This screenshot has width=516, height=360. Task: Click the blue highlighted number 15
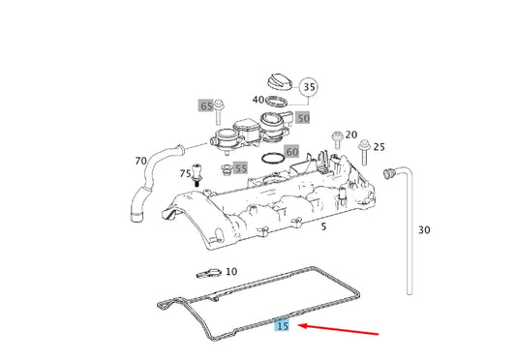tap(282, 326)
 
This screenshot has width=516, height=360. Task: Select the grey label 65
tap(206, 105)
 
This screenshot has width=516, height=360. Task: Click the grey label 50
tap(302, 117)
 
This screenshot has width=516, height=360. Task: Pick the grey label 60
tap(292, 152)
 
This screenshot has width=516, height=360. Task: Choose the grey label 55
tap(240, 168)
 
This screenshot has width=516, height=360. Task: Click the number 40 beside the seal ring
tap(258, 100)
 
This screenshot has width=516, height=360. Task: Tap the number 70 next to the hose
tap(141, 160)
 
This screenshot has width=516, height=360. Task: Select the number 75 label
tap(185, 174)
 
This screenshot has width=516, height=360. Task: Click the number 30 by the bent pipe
tap(423, 230)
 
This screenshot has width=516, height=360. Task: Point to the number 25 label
tap(379, 147)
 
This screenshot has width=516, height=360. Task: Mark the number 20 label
tap(350, 135)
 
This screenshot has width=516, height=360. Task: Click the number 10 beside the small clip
tap(230, 272)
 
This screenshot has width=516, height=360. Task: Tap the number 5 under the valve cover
tap(324, 226)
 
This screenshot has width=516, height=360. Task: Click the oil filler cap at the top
tap(277, 78)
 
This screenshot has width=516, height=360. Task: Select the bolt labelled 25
tap(362, 150)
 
